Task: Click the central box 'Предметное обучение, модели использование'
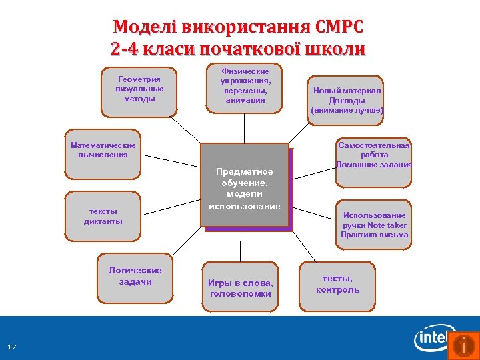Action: click(x=245, y=188)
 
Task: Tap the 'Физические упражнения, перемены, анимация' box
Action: click(x=245, y=86)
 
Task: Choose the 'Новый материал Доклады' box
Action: click(x=347, y=101)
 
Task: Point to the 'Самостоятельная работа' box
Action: click(x=374, y=155)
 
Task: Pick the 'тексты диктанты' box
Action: click(x=103, y=216)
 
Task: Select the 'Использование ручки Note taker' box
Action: click(x=374, y=225)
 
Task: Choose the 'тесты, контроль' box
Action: click(x=337, y=285)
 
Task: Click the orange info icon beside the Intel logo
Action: click(x=463, y=345)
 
